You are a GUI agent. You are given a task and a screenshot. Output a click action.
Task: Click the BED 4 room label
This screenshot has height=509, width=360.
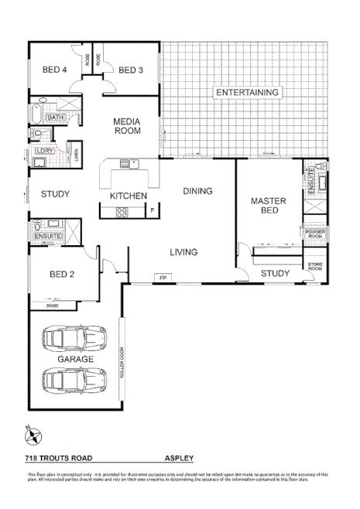tap(53, 70)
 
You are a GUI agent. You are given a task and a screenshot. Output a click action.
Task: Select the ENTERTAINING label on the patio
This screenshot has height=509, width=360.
tap(247, 93)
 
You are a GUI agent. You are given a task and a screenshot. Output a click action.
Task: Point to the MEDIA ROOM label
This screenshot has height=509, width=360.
tap(127, 126)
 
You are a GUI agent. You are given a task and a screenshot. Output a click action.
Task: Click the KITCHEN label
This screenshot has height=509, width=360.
tap(128, 196)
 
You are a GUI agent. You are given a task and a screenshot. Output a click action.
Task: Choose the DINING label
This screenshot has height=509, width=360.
tap(197, 190)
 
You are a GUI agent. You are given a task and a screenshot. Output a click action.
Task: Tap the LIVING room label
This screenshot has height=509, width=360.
tap(183, 251)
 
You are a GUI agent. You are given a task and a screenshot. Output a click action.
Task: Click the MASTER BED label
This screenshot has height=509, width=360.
tap(269, 206)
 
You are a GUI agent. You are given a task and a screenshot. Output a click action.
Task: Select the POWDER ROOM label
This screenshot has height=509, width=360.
tap(316, 234)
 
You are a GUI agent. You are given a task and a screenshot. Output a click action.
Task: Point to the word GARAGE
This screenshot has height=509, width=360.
tap(75, 360)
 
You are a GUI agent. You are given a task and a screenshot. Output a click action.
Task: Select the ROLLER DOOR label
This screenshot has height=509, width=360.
tap(122, 363)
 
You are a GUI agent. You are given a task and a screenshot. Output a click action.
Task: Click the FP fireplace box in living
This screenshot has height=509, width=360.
tap(163, 277)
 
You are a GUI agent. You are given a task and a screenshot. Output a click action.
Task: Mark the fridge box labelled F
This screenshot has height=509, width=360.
tap(153, 210)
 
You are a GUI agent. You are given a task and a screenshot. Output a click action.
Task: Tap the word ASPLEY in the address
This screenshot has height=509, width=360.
tap(179, 458)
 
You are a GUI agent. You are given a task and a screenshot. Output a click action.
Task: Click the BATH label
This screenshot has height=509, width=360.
tap(55, 118)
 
